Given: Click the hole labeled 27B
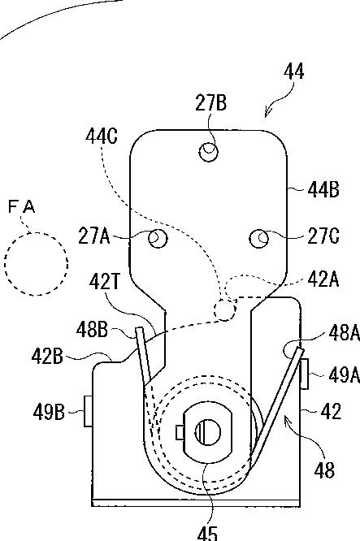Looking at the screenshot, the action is pyautogui.click(x=209, y=151).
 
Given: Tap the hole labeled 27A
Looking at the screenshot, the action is pyautogui.click(x=158, y=238).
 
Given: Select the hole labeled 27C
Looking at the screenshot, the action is pyautogui.click(x=259, y=238).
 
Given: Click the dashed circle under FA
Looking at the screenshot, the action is pyautogui.click(x=37, y=264).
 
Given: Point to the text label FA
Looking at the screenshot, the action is pyautogui.click(x=21, y=207).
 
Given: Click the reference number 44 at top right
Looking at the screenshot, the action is pyautogui.click(x=294, y=71).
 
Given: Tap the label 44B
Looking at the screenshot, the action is pyautogui.click(x=323, y=190).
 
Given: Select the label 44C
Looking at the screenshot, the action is pyautogui.click(x=102, y=136).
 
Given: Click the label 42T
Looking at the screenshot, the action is pyautogui.click(x=105, y=282).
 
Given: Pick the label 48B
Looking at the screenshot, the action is pyautogui.click(x=92, y=330).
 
